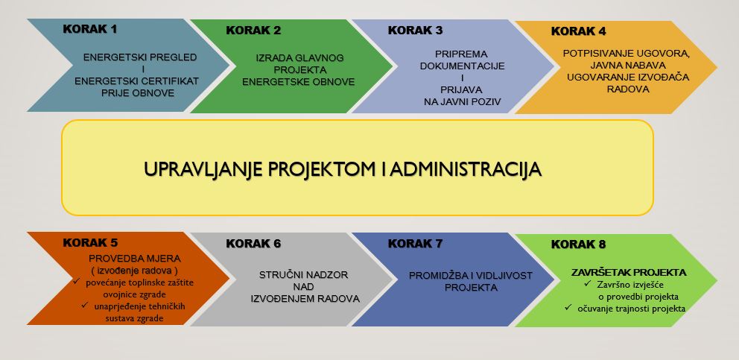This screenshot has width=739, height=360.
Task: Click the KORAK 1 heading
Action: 89,29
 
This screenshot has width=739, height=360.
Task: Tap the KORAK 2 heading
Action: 253,31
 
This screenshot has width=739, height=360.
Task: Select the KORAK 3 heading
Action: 415,31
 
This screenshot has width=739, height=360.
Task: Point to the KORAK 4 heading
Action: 579,31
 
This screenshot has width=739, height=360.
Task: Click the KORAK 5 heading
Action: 90,243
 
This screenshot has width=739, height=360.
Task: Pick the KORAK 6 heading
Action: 253,244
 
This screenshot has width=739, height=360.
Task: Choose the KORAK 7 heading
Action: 415,244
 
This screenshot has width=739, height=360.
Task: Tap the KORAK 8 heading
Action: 579,245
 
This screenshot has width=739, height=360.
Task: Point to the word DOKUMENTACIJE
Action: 463,66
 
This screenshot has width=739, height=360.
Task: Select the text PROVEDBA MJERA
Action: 135,259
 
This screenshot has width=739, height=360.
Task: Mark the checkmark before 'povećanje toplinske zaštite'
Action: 77,282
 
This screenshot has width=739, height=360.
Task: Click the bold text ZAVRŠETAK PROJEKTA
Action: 629,273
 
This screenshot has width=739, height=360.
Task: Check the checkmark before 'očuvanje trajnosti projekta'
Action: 568,308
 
